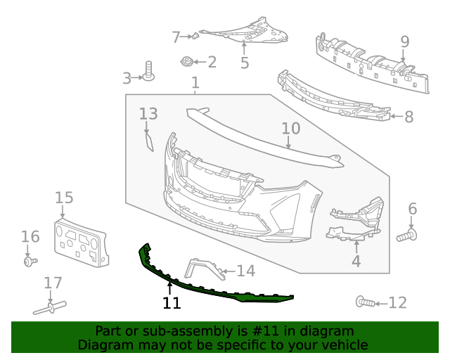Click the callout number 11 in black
pos(172,303)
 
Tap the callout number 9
pos(404,41)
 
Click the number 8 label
pos(409,117)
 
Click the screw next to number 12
pos(364,302)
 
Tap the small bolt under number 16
pos(29,262)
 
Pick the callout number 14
pos(245,271)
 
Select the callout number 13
pos(148,114)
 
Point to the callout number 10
pos(290,129)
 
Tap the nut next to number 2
pos(187,61)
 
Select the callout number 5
pos(245,63)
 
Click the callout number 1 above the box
pos(195,84)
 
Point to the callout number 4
pos(356,261)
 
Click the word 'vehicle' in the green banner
pos(343,345)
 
